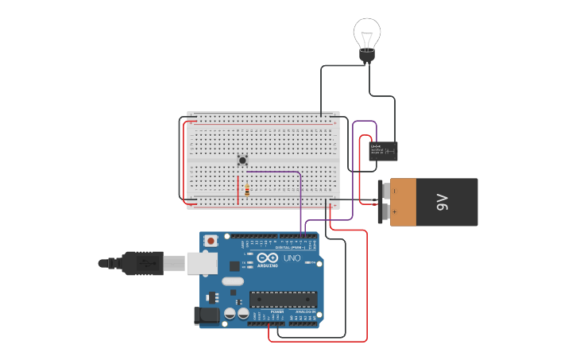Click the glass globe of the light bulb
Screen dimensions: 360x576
[366, 33]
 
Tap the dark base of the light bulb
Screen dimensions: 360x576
[366, 55]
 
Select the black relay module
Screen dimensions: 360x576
[384, 151]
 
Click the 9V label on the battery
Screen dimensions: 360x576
[443, 202]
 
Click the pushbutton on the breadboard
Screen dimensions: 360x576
[242, 160]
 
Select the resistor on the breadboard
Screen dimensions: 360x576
[247, 191]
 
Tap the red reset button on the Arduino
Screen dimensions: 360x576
[211, 240]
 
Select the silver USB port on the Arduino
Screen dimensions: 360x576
[202, 263]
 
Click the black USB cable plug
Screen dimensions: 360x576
[143, 263]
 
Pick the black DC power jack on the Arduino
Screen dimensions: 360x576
[207, 315]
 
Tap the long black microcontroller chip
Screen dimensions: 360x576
[283, 299]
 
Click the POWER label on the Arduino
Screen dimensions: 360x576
[276, 312]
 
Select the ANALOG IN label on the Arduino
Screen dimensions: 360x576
[305, 312]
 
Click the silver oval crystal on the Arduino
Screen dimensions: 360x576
[233, 281]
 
